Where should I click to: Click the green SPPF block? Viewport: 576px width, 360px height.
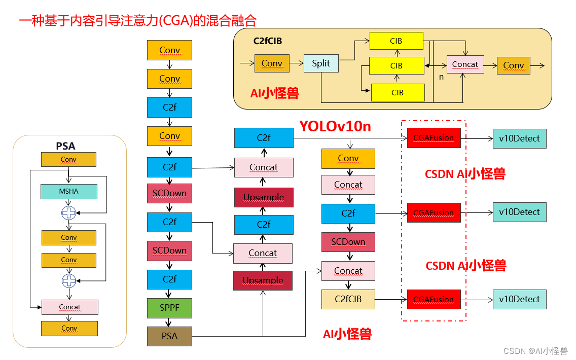(x=170, y=308)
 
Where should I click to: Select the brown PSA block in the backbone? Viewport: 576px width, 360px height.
(x=170, y=336)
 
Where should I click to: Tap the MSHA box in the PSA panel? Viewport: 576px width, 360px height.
(x=68, y=192)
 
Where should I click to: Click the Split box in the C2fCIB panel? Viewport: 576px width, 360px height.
(x=321, y=63)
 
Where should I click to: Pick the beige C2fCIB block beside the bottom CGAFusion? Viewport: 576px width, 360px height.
(x=348, y=299)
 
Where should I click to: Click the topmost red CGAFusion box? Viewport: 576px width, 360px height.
(x=434, y=138)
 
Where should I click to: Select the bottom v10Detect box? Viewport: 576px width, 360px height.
(x=520, y=299)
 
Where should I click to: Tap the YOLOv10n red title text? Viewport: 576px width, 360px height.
(x=335, y=126)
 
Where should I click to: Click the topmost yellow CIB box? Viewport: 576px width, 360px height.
(x=397, y=41)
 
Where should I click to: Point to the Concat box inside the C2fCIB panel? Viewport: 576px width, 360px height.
(x=465, y=64)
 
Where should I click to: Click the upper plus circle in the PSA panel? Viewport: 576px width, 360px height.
(x=68, y=213)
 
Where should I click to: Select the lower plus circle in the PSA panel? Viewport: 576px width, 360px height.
(x=68, y=280)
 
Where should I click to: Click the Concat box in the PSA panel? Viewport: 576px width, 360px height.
(x=69, y=307)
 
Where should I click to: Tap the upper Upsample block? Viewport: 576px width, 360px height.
(x=264, y=197)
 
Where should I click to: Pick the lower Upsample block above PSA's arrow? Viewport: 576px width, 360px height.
(x=263, y=280)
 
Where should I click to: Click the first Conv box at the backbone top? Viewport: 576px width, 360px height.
(x=170, y=50)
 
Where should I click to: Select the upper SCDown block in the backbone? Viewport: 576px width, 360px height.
(x=170, y=193)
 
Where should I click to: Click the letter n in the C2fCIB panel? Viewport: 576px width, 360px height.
(x=441, y=77)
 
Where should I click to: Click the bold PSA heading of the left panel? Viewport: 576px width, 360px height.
(x=65, y=146)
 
